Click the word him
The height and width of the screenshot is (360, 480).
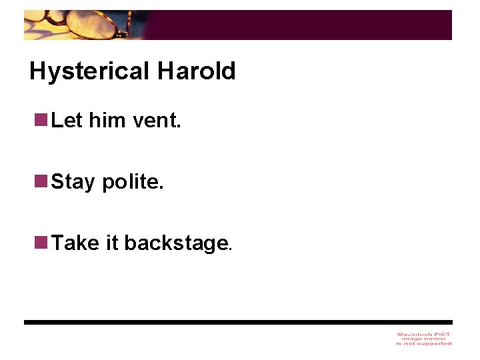107,121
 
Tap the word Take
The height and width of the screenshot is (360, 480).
75,243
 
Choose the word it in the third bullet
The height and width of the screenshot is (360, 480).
112,243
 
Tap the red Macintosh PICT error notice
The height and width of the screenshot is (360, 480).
424,339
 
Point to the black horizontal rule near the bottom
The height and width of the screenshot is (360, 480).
238,322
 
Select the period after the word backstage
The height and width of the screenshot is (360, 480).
231,249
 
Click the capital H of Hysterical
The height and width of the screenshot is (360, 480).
37,71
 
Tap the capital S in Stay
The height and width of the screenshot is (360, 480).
57,181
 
